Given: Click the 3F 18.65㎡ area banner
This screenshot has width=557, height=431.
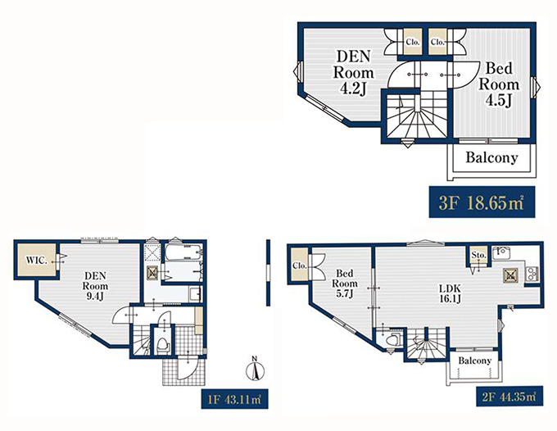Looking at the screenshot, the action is coord(482,202).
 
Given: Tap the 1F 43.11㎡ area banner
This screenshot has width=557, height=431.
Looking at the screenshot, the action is coord(234,399).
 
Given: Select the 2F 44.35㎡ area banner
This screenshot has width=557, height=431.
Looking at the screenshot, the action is coord(509,396).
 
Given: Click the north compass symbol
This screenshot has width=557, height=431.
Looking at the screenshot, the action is coord(255,369).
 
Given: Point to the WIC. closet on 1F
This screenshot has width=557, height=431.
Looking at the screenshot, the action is coord(36,261).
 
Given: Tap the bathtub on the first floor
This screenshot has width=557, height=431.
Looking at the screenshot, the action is coord(183,252).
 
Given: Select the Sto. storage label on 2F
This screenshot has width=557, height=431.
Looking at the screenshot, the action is coord(478,255).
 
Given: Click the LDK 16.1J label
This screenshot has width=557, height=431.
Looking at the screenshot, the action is coord(450,293).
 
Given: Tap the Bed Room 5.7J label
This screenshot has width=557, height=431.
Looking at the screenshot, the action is coord(345,284).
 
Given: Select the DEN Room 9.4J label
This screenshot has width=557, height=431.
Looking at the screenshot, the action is coord(95,286).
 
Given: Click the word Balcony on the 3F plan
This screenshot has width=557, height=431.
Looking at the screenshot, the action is coord(491,157).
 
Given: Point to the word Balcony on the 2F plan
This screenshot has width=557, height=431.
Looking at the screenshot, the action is coord(474,361).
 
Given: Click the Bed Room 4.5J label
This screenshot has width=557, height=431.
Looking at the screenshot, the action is coord(499,84).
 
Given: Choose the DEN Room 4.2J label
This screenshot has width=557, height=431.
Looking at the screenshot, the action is coord(353,73).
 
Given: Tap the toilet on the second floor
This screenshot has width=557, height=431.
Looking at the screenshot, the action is coord(395,339).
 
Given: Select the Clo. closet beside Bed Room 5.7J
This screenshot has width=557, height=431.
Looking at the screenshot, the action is coord(300,265).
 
